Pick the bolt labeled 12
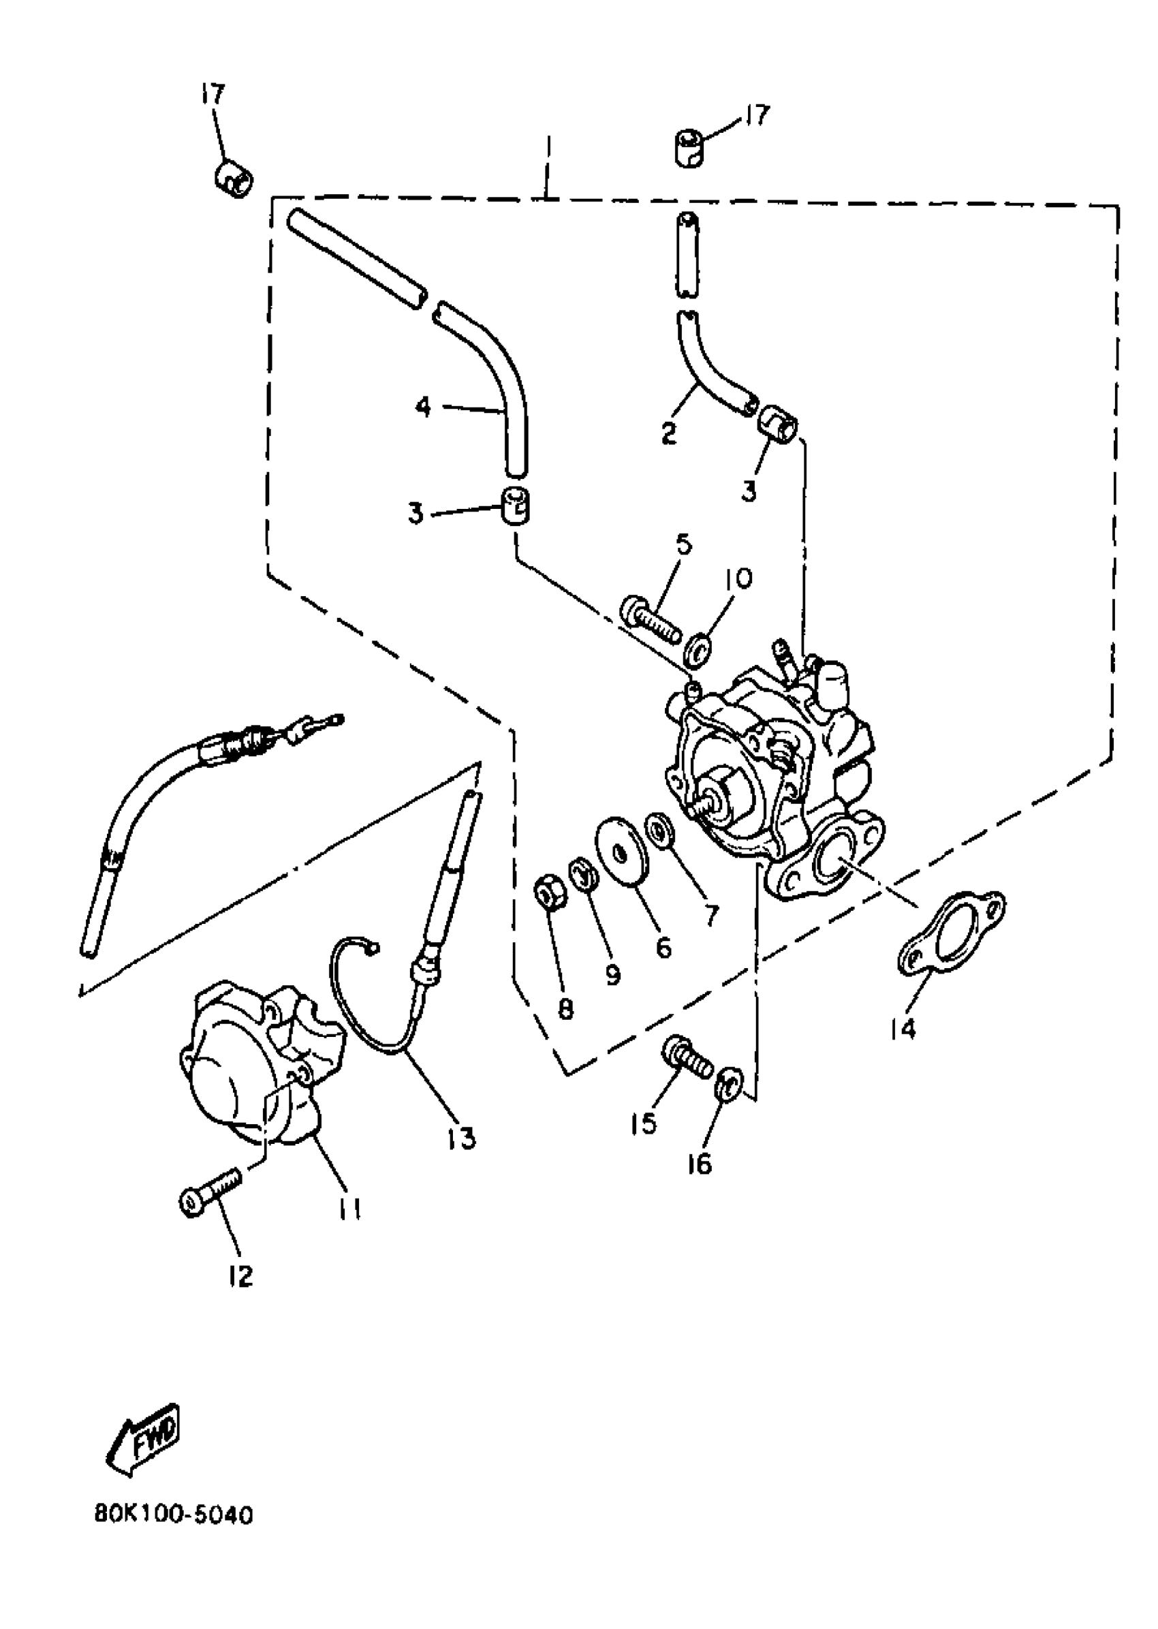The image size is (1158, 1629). click(210, 1200)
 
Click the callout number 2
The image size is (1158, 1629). click(668, 433)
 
